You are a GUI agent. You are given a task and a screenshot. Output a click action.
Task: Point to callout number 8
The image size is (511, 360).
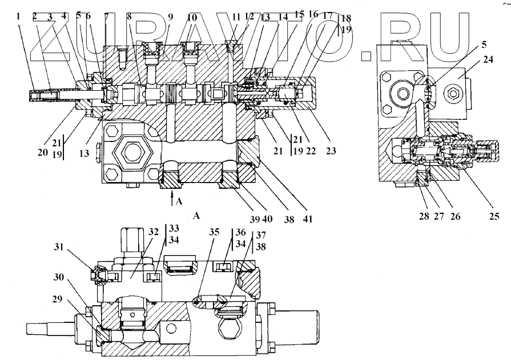pyautogui.click(x=130, y=17)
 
